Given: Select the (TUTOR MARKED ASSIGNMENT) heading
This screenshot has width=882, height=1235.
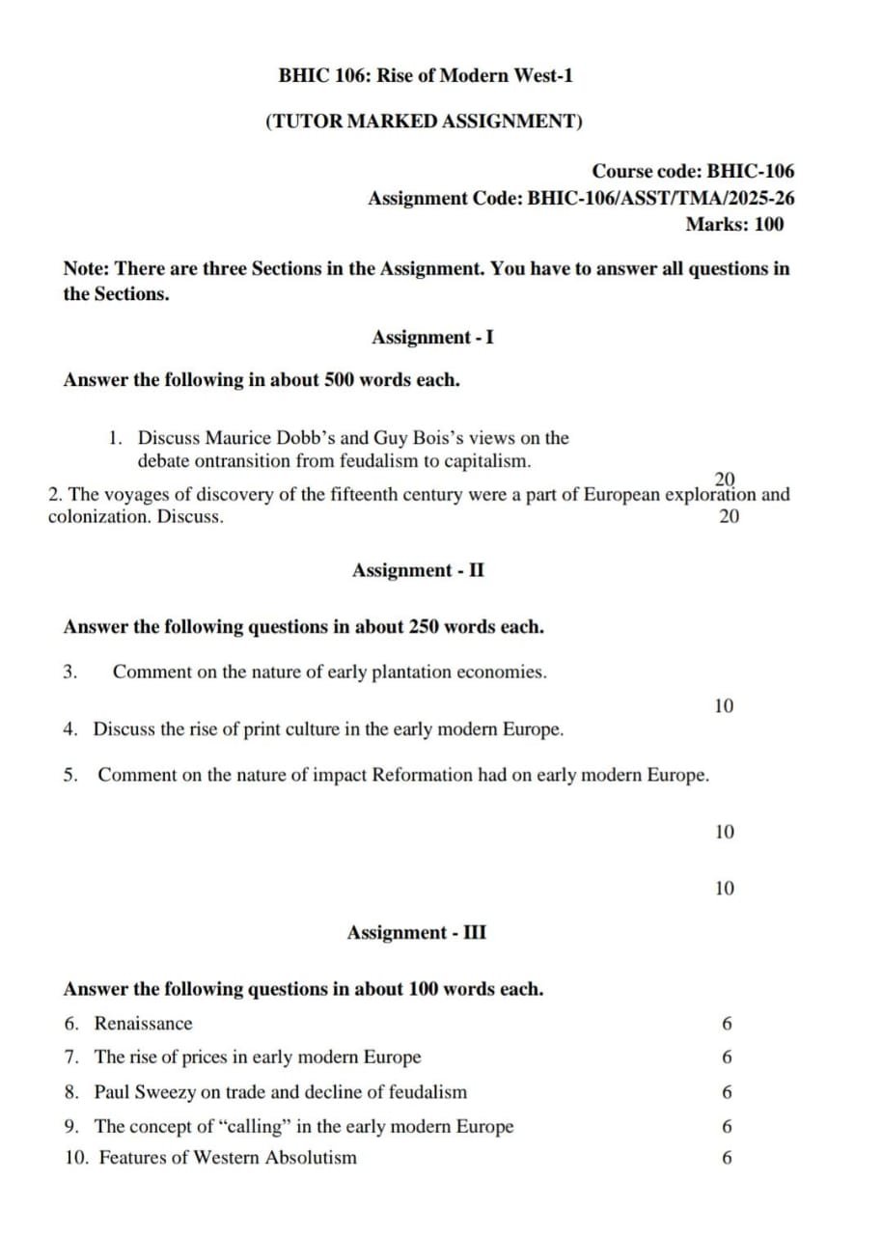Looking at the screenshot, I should point(424,122).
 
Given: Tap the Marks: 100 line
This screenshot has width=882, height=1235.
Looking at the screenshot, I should point(734,225).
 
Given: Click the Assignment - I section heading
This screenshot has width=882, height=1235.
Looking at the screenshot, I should point(433,338).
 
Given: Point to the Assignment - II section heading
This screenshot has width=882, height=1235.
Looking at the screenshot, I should point(419,570).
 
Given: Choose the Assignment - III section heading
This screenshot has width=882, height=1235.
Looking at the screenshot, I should point(417,933).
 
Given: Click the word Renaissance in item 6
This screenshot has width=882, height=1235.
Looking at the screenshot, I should point(143,1024).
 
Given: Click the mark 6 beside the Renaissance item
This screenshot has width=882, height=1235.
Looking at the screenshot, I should point(727,1024).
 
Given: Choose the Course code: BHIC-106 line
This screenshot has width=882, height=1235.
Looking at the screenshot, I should point(693,172).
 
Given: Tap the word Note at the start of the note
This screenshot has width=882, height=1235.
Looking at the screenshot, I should point(85,269).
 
